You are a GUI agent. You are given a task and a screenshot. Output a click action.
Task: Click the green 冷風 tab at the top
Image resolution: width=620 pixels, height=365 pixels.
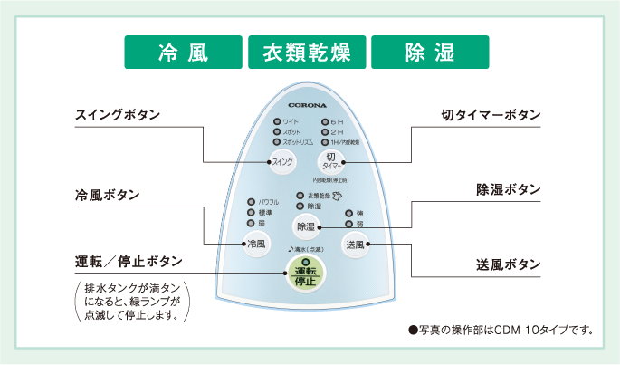tap(183, 53)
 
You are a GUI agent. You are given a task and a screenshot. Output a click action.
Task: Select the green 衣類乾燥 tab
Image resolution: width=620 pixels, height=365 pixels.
tap(307, 53)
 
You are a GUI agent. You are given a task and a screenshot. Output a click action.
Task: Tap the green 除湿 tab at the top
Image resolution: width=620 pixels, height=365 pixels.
tap(430, 53)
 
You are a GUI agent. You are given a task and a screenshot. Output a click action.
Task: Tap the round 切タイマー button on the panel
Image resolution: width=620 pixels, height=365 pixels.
tap(330, 160)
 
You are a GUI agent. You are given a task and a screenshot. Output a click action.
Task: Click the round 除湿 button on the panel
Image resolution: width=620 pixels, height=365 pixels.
tap(307, 226)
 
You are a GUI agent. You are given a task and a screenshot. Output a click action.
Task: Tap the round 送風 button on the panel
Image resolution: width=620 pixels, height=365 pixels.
tap(355, 244)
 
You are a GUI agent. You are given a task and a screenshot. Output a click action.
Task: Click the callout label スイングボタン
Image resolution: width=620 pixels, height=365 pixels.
tap(117, 115)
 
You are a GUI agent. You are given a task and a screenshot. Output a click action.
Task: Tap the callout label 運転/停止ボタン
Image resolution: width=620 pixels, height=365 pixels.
tap(129, 261)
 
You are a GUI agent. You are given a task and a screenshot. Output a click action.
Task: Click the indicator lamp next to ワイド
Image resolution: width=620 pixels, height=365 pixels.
tap(277, 121)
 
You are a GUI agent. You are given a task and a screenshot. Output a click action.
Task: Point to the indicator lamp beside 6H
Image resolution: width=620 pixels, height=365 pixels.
tap(325, 121)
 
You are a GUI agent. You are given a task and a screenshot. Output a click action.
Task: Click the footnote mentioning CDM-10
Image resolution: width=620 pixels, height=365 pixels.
tap(501, 330)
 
